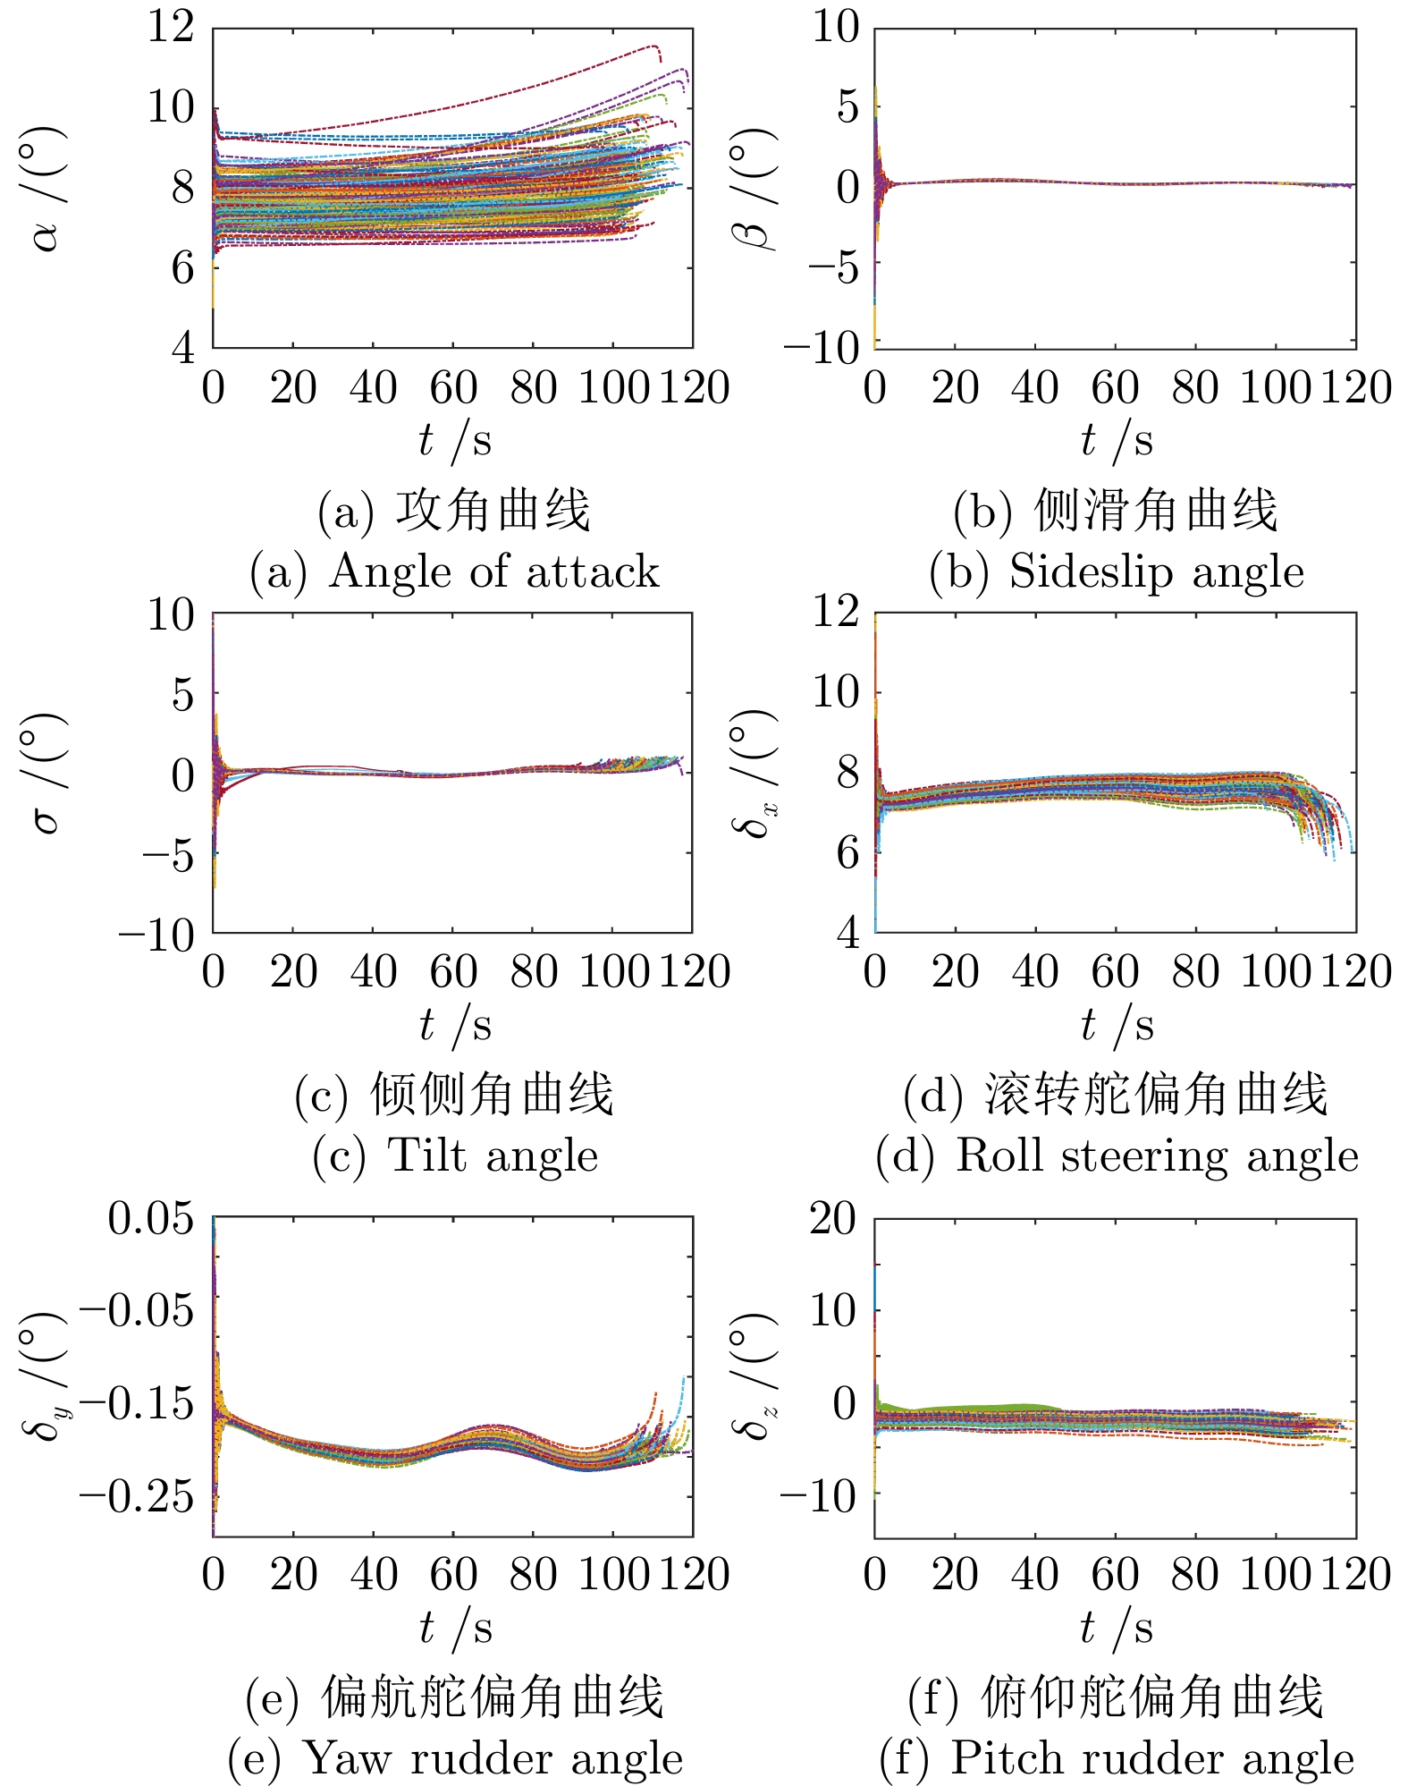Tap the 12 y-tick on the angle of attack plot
click(x=171, y=28)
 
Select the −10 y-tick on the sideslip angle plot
click(x=821, y=347)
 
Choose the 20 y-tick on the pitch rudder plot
click(x=832, y=1218)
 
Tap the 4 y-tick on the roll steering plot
click(x=847, y=932)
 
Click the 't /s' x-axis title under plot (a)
click(x=454, y=440)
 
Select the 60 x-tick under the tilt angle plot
click(x=453, y=973)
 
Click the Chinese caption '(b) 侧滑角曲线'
click(x=1115, y=511)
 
